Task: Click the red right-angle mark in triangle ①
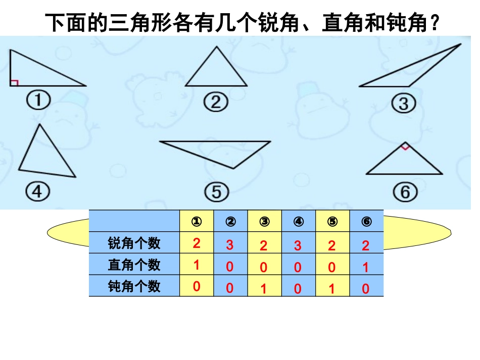[14, 82]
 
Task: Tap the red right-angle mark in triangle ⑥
[404, 147]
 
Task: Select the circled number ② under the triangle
[216, 103]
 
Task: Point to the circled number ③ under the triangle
[403, 104]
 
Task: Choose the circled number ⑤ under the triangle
[217, 192]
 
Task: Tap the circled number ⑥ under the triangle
[404, 192]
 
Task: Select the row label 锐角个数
[134, 243]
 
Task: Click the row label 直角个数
[134, 265]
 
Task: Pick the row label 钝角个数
[134, 286]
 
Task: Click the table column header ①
[197, 222]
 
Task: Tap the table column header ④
[298, 222]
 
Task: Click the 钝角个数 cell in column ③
[264, 288]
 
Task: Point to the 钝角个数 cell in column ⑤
[332, 288]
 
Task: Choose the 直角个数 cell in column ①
[197, 265]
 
